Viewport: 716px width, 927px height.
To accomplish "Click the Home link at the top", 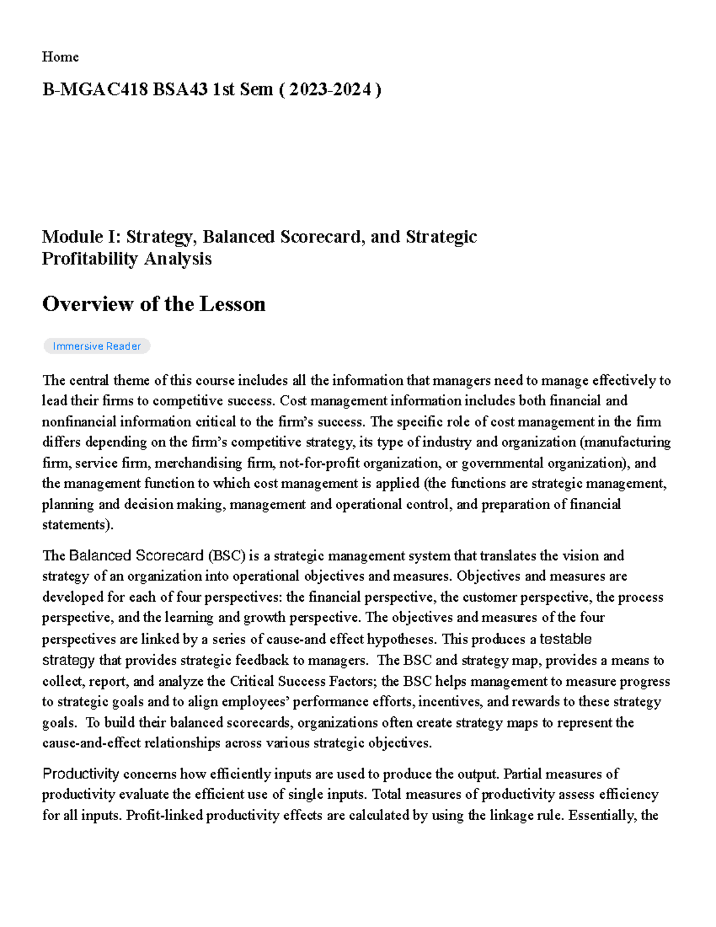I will (60, 57).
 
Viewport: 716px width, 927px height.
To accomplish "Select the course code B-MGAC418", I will (95, 90).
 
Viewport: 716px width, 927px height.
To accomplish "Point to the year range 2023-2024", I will (331, 90).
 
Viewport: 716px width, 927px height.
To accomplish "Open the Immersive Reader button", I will (97, 346).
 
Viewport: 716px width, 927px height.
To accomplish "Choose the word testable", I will (565, 639).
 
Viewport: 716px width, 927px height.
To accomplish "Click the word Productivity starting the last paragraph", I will (81, 774).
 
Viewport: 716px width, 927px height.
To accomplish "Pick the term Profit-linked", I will (164, 815).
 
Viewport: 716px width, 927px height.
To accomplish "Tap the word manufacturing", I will (626, 442).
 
